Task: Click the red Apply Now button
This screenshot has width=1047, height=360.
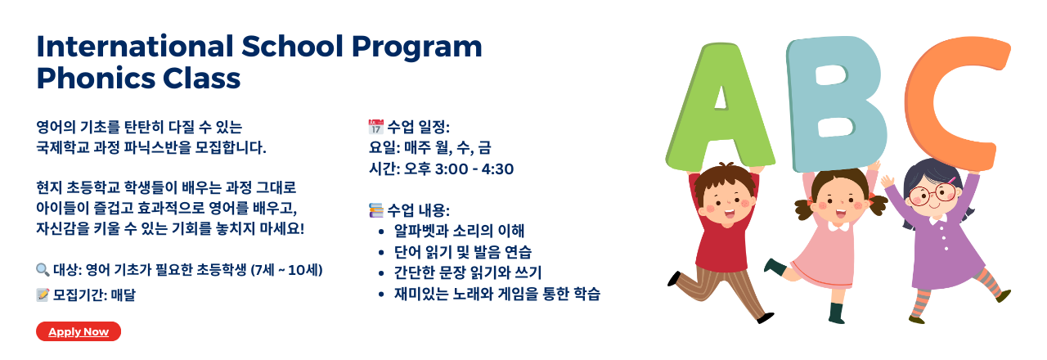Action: (79, 331)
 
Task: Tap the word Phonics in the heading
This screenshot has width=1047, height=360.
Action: (96, 79)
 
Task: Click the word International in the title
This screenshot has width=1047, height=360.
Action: (135, 47)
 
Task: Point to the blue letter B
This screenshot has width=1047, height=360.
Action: (836, 104)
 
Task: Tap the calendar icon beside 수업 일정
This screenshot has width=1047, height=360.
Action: (375, 127)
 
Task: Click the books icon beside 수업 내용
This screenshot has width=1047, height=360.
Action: (375, 210)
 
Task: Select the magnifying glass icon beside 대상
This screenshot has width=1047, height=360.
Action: (43, 270)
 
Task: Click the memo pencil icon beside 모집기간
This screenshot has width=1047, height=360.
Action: (43, 295)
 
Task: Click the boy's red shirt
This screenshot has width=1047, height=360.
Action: (724, 238)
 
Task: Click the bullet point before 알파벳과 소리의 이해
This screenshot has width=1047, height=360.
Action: (381, 232)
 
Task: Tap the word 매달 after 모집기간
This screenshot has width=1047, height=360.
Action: (124, 295)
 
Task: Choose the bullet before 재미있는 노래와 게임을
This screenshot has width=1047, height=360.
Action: (381, 295)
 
